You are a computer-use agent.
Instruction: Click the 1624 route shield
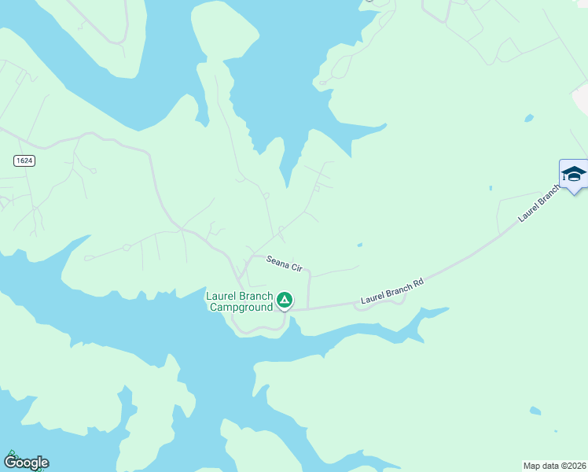tap(24, 160)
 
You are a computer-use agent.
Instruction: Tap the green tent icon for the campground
tap(285, 300)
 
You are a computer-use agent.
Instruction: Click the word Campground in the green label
tap(241, 308)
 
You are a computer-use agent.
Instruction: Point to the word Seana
tap(277, 261)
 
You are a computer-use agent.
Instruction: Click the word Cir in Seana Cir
tap(297, 268)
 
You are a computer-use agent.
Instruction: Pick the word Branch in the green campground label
tap(255, 297)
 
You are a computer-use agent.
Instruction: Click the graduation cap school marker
tap(574, 173)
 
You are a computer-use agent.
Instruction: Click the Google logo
tap(26, 463)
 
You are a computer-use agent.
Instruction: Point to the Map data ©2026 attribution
tap(555, 465)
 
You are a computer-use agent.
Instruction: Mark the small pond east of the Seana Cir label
tap(359, 245)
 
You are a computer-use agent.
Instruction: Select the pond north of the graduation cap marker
tap(529, 118)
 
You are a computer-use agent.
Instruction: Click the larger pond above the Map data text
tap(535, 411)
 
